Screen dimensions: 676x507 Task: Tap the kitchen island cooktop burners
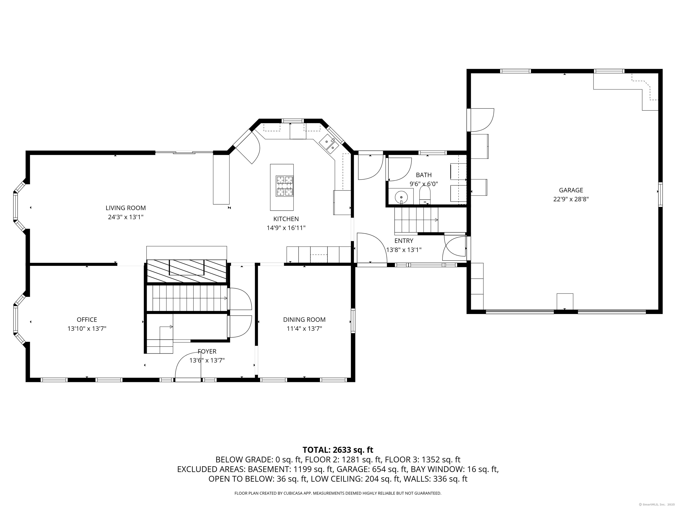285,186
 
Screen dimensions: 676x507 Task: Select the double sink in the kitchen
329,145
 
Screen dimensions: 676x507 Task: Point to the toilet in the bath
425,195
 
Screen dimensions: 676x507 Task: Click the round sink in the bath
401,197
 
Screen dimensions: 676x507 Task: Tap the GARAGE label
571,190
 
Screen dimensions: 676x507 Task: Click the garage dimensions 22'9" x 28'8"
571,199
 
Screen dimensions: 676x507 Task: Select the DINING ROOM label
304,320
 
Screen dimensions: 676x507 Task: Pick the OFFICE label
87,320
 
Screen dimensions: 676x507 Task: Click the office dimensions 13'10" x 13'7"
87,329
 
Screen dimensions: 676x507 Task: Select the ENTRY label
404,241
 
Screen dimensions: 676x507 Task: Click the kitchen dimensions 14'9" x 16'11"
286,228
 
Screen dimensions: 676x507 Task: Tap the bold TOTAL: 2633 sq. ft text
338,450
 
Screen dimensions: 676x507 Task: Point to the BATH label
424,175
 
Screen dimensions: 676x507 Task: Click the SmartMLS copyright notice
657,504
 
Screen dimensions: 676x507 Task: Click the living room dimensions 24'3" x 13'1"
126,217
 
